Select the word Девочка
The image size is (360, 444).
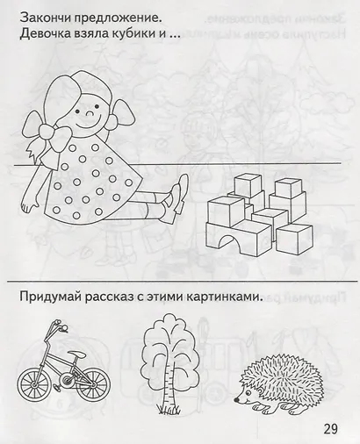pos(42,34)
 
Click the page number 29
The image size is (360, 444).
pos(330,429)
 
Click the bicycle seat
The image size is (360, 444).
pos(78,354)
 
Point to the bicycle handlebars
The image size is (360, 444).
pos(56,328)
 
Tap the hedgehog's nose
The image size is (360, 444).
pos(236,399)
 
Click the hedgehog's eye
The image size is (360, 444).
pos(246,393)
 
